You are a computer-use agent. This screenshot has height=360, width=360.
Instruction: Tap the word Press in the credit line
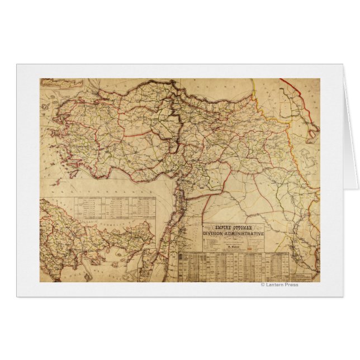(291, 285)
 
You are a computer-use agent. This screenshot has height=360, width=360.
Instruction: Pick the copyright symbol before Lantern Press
(263, 285)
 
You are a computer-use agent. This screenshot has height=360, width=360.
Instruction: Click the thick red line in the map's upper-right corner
(296, 89)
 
